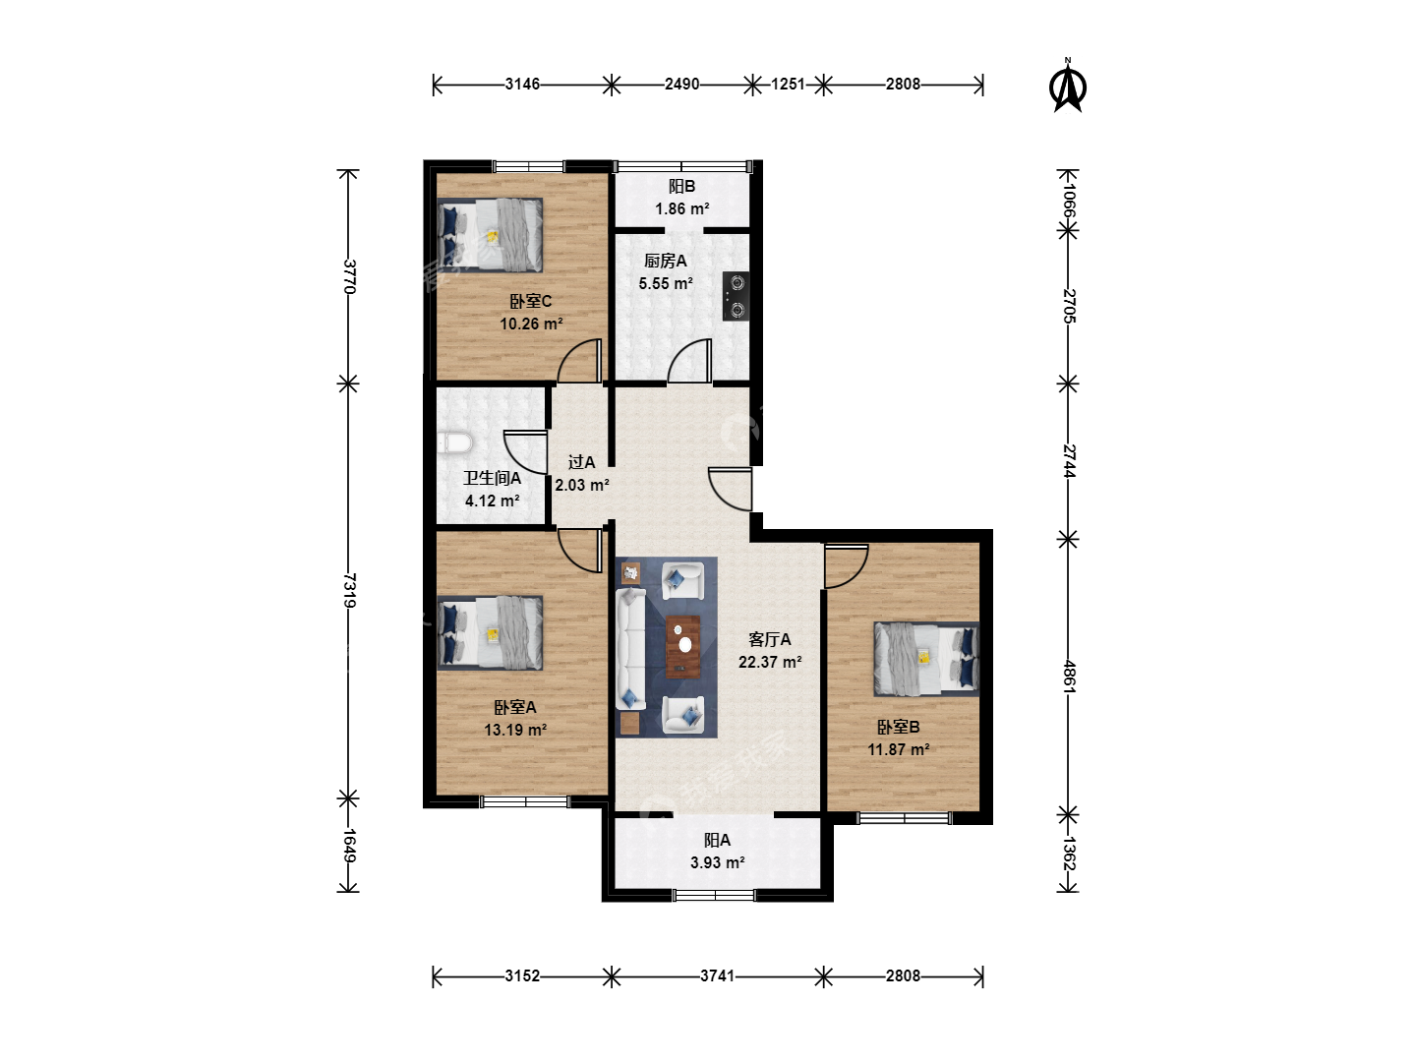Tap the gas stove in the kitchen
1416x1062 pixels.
(736, 297)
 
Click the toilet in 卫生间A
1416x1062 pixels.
(455, 443)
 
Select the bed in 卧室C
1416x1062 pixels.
(490, 235)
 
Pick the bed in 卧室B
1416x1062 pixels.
(926, 659)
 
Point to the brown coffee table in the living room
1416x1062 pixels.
(683, 647)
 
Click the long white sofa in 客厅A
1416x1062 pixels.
(631, 649)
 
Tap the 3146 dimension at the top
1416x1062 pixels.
(522, 84)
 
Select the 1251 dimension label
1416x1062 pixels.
(788, 84)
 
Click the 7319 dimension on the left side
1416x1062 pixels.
(349, 590)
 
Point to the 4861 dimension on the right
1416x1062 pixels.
(1068, 677)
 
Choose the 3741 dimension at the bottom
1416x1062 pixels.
(718, 975)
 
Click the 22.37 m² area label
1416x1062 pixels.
(770, 662)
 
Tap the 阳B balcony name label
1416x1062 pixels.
(681, 187)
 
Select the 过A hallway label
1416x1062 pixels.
(581, 462)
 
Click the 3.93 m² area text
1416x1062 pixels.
(718, 862)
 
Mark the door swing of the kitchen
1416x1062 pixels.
(689, 360)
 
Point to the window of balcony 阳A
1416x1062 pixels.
(714, 895)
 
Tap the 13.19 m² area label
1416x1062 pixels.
(515, 730)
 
